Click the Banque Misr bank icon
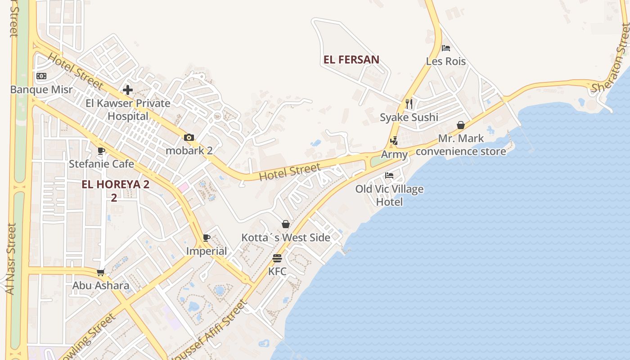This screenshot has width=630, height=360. coord(41,76)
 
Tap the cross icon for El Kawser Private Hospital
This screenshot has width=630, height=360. coord(128,90)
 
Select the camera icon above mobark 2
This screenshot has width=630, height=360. coord(189,137)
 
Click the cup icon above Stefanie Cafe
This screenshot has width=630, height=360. coord(101,151)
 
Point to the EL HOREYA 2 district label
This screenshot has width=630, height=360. coord(115,184)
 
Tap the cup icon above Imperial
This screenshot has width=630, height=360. coord(207,238)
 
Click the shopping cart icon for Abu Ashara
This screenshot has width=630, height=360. coord(101,272)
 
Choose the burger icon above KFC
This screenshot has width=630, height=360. coord(277,258)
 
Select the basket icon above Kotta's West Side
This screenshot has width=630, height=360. coord(286,224)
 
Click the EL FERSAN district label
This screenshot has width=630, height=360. coord(351,59)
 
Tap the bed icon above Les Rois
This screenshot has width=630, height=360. coord(446,48)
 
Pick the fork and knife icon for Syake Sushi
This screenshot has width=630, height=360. coord(409,104)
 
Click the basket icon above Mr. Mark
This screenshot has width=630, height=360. coord(461,125)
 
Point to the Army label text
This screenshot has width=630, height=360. coord(394,154)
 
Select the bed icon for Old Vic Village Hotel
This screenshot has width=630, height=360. coord(389,175)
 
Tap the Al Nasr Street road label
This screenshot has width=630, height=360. coord(12,259)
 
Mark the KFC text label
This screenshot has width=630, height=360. coord(277,271)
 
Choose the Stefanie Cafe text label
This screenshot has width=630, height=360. coord(101,164)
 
